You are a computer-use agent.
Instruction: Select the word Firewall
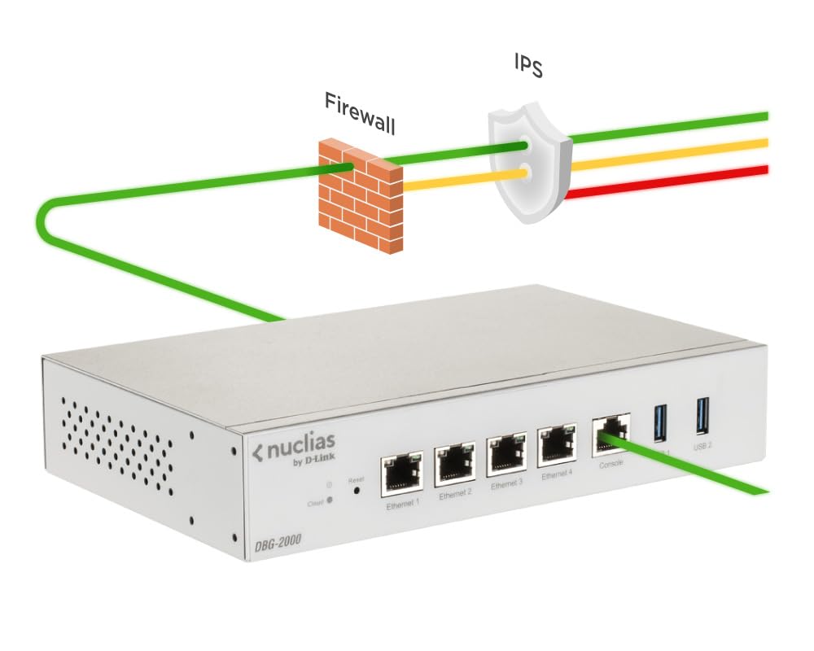tap(360, 113)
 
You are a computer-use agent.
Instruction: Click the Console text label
tap(610, 463)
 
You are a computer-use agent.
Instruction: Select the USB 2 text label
tap(703, 446)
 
